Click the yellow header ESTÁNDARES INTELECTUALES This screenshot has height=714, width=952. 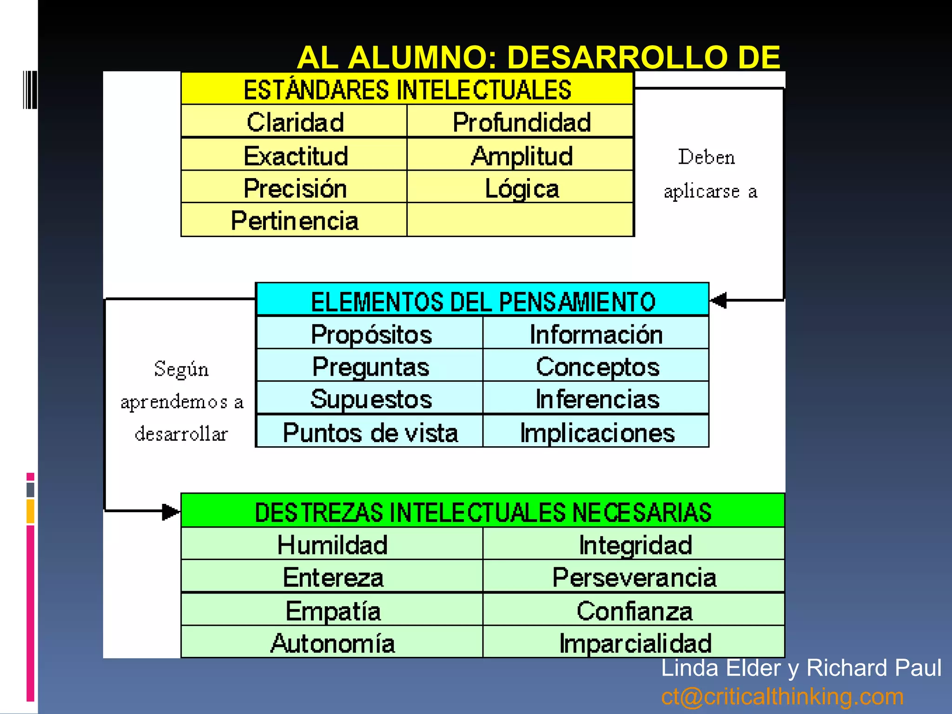[x=407, y=89]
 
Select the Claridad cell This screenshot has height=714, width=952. [x=295, y=122]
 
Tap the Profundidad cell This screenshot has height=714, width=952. [x=521, y=122]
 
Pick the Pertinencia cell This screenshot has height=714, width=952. [x=294, y=220]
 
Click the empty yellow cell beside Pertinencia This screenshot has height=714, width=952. [x=520, y=220]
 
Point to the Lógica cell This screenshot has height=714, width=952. [x=521, y=188]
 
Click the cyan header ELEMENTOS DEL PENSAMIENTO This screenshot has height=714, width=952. [x=483, y=301]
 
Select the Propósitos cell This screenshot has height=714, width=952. [x=371, y=334]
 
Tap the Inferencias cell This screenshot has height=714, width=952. [x=597, y=399]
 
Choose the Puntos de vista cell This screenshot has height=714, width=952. [x=370, y=432]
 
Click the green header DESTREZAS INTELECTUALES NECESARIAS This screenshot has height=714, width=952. [x=483, y=512]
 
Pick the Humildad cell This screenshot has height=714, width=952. [x=332, y=544]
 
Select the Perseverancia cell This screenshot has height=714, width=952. [x=634, y=577]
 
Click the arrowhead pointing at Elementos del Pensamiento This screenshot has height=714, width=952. [x=719, y=300]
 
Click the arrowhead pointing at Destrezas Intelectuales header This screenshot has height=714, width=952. [x=170, y=512]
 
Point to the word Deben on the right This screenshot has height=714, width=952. [x=706, y=157]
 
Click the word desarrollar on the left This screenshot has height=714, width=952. [x=181, y=434]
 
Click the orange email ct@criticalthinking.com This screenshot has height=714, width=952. [x=782, y=696]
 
